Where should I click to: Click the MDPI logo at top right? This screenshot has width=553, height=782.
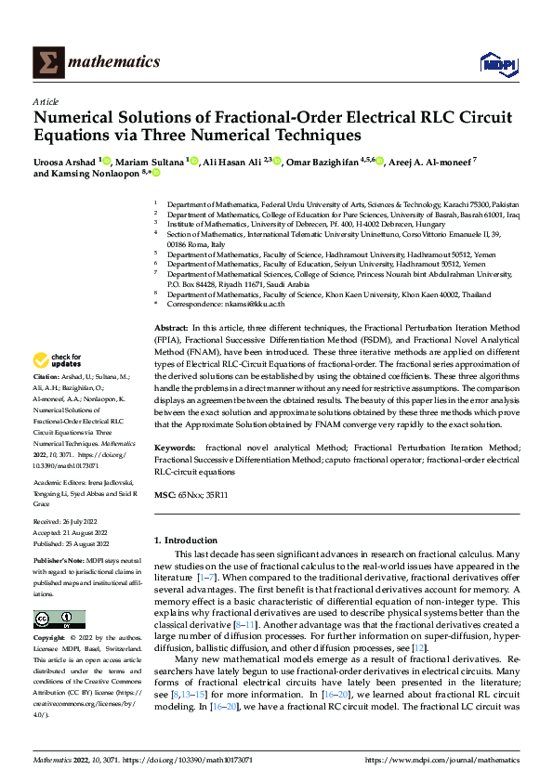[x=497, y=62]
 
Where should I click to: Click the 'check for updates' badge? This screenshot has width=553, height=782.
[x=59, y=360]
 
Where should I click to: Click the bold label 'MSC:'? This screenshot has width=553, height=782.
[x=165, y=496]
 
